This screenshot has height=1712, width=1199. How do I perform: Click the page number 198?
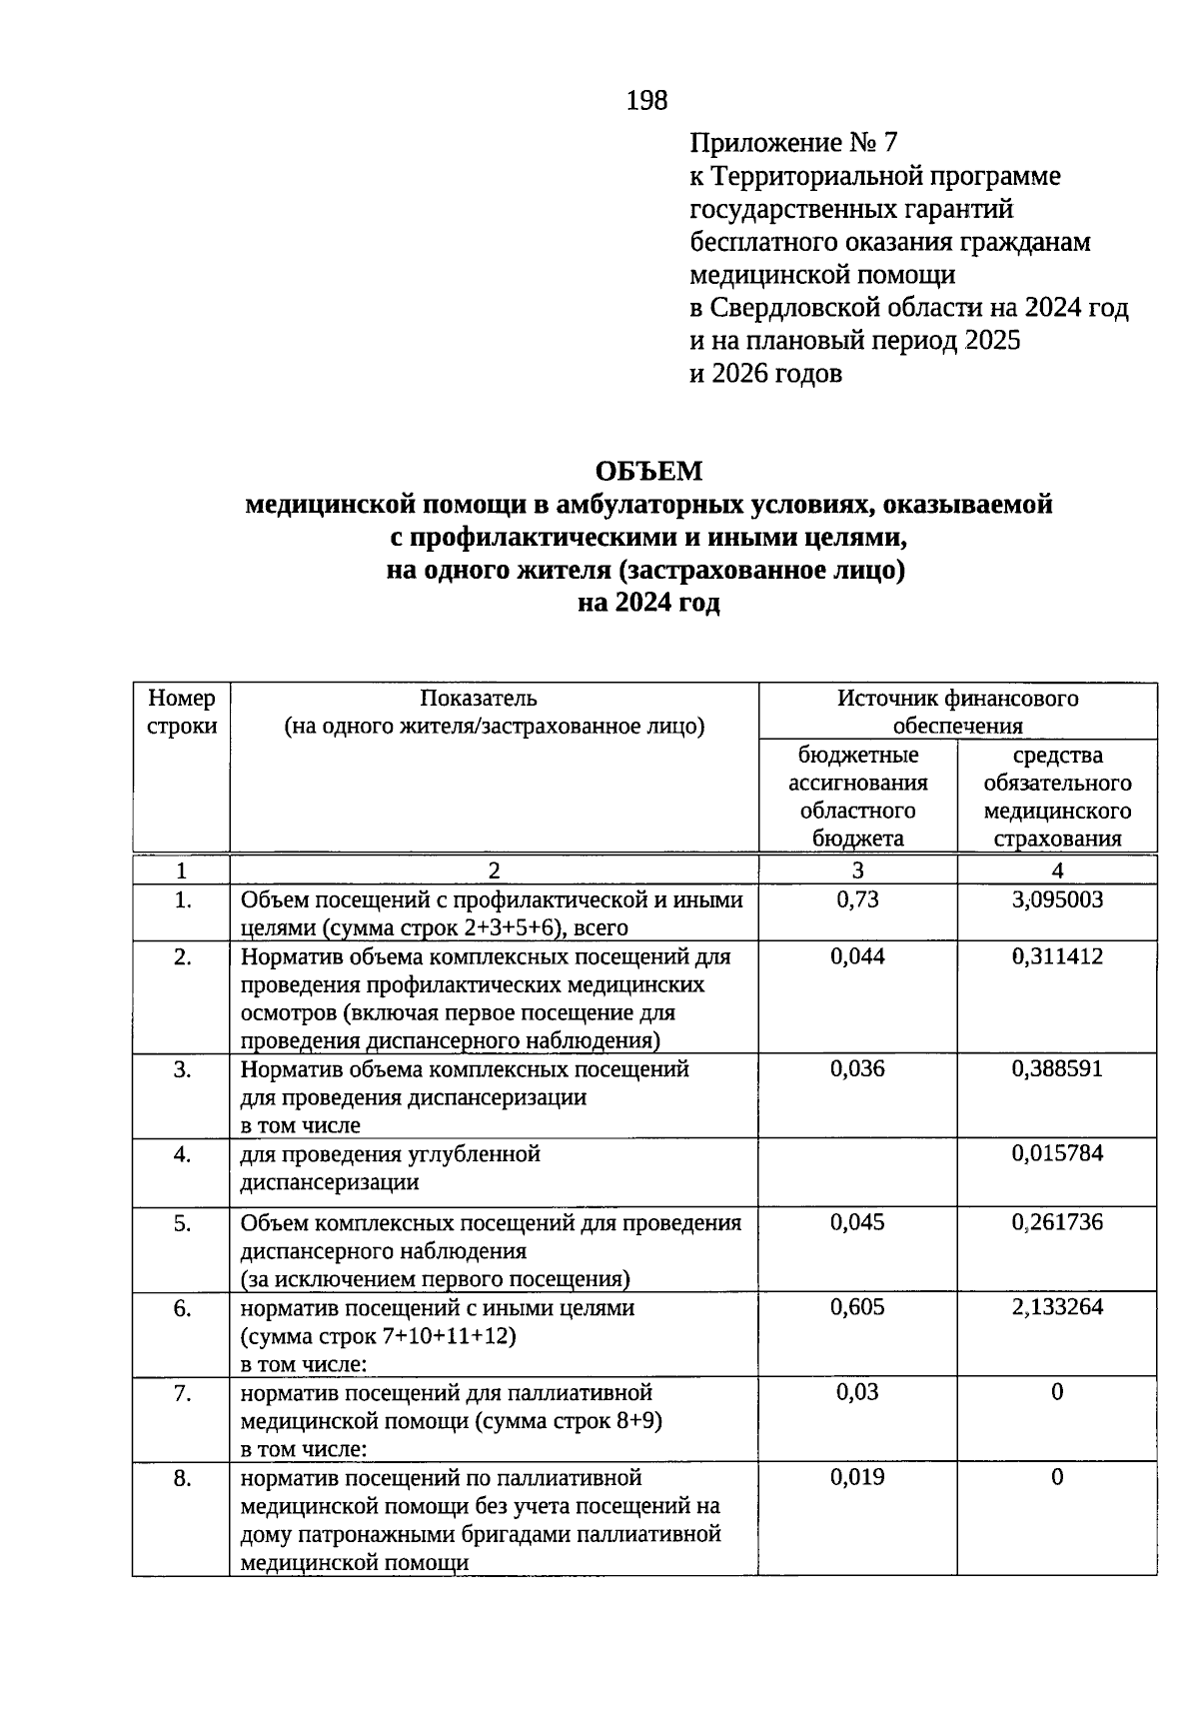pos(646,100)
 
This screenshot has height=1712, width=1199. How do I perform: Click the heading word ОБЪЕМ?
pos(648,471)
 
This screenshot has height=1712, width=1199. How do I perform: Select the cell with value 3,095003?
pos(1057,899)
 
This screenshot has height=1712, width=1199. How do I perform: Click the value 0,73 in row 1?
pos(857,899)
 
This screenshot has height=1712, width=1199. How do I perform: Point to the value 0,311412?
pos(1057,956)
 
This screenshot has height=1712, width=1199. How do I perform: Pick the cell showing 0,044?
pos(857,956)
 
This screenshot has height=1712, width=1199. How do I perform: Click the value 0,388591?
pos(1057,1069)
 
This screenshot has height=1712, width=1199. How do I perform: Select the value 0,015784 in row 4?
pos(1057,1153)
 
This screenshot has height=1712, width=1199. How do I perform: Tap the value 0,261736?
pos(1057,1222)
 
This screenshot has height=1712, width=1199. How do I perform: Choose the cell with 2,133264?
pos(1057,1307)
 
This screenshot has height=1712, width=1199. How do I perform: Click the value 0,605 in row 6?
pos(857,1307)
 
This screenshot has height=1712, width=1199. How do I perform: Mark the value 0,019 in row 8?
pos(857,1477)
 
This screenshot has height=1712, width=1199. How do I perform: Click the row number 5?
pos(182,1222)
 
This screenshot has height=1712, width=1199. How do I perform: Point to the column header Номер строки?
pos(182,712)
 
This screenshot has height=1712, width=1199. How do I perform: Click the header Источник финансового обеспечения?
pos(957,712)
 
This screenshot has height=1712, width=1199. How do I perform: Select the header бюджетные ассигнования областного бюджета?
pos(857,797)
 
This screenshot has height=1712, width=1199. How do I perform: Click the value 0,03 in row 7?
pos(857,1392)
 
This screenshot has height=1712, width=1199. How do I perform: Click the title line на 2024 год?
pos(648,604)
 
